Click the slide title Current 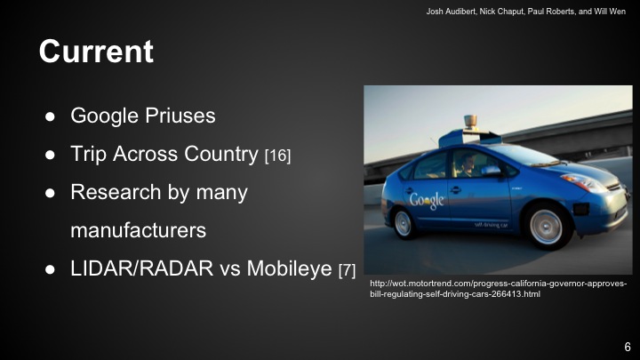96,52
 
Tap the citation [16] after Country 277,156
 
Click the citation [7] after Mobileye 348,270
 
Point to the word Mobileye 291,268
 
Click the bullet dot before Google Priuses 51,116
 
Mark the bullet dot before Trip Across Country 51,155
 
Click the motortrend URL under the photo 498,288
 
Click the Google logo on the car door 426,199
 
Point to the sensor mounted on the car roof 469,122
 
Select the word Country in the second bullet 216,154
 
